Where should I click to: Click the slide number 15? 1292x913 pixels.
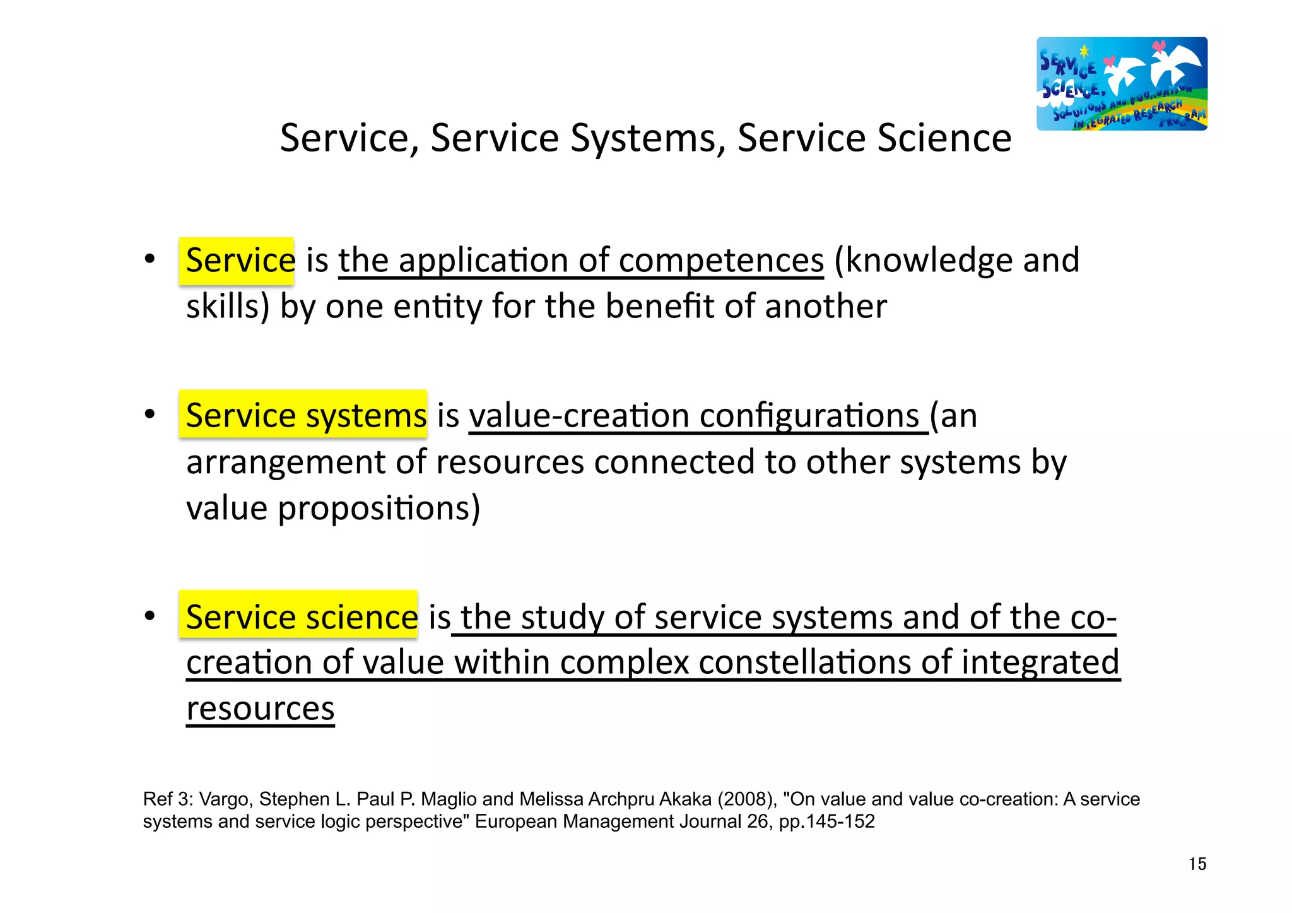click(1197, 864)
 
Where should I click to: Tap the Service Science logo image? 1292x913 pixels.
click(1122, 84)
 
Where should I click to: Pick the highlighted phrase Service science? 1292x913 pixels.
click(302, 616)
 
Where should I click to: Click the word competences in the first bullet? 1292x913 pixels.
click(720, 261)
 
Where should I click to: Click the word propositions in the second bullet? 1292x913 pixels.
click(379, 509)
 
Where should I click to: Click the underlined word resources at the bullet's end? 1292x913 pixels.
click(260, 709)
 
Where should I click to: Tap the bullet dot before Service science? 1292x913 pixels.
click(150, 616)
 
